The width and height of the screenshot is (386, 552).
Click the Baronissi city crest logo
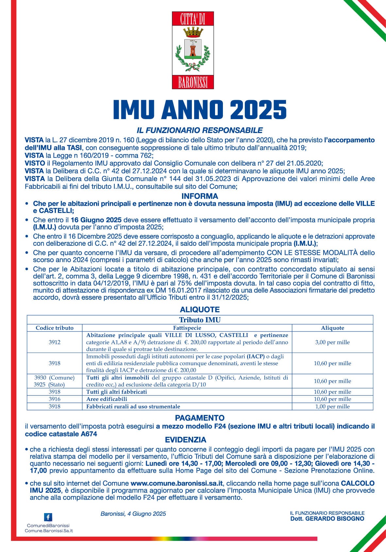click(193, 50)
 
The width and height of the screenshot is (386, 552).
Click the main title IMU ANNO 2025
click(200, 109)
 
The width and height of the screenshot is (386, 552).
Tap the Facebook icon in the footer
click(48, 517)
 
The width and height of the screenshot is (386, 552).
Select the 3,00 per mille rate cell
click(332, 342)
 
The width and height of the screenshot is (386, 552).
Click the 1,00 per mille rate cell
click(332, 406)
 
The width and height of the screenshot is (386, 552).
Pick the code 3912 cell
click(55, 342)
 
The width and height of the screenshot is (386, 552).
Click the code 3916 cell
click(55, 399)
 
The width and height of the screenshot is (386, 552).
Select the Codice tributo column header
click(55, 328)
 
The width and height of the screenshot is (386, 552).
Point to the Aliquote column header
click(332, 328)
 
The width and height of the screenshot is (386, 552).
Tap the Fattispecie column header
click(187, 328)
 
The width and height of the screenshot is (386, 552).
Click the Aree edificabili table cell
click(107, 399)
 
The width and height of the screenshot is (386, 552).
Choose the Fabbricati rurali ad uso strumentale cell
click(133, 406)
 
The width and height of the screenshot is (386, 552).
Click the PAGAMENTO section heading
click(200, 418)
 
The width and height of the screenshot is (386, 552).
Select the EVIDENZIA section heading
click(186, 440)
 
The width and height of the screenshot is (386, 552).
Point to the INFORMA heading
click(200, 196)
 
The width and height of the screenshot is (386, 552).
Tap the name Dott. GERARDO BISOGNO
click(327, 519)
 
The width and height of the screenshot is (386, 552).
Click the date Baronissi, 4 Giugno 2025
click(133, 514)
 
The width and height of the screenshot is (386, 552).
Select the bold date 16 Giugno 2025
click(96, 220)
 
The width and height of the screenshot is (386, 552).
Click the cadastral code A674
click(89, 434)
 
